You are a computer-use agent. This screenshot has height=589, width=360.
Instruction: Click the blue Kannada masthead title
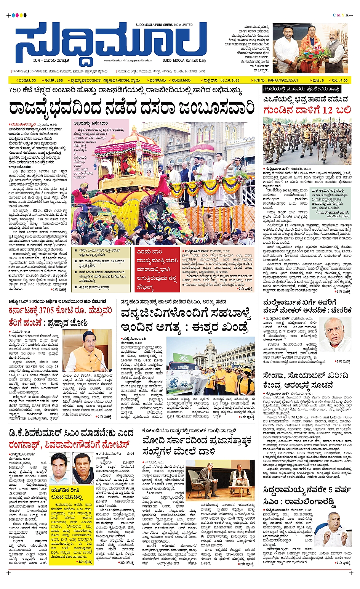click(110, 43)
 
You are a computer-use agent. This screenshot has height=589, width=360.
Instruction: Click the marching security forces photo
click(307, 141)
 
